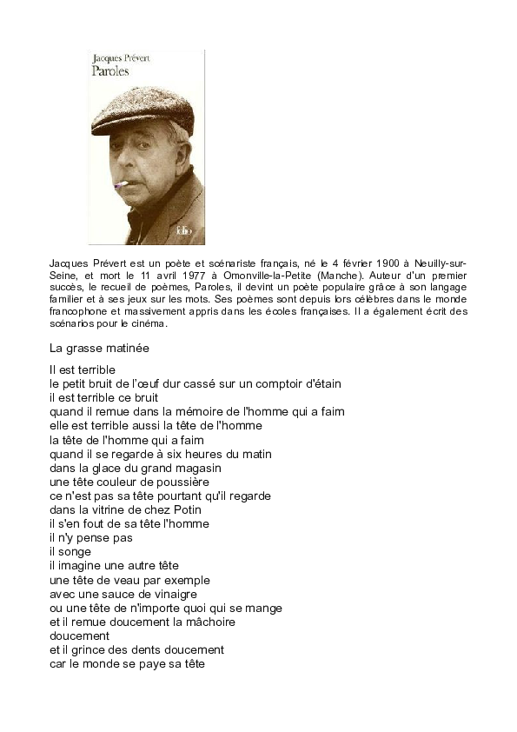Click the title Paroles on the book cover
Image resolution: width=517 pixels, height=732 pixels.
click(109, 72)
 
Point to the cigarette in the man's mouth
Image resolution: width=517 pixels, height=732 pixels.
click(122, 184)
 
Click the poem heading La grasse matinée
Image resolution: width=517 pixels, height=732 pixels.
click(99, 349)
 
